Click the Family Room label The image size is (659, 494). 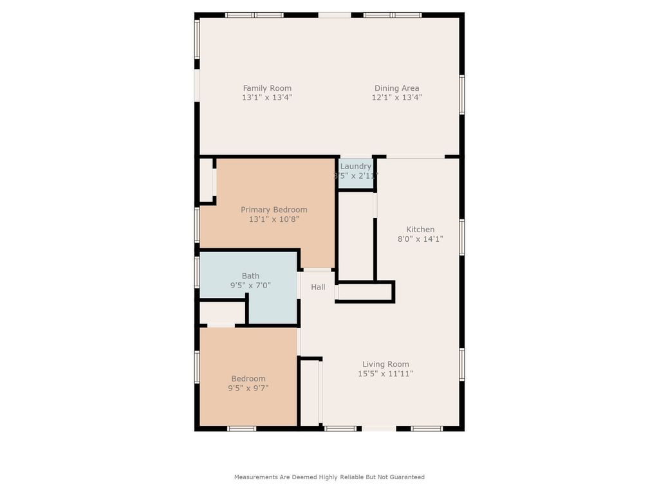pyautogui.click(x=267, y=88)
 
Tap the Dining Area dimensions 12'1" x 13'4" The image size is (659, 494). pyautogui.click(x=396, y=98)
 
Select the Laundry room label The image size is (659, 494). pyautogui.click(x=356, y=166)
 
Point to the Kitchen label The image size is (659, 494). pyautogui.click(x=420, y=230)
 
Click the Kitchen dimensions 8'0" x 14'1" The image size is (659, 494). pyautogui.click(x=420, y=239)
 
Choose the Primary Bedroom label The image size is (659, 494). pyautogui.click(x=274, y=210)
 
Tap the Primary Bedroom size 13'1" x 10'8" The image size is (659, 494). pyautogui.click(x=274, y=219)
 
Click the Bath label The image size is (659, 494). pyautogui.click(x=250, y=276)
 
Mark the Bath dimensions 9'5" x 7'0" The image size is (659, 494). pyautogui.click(x=250, y=285)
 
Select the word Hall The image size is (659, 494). pyautogui.click(x=318, y=288)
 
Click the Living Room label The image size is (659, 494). pyautogui.click(x=385, y=364)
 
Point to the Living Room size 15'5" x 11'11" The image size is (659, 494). pyautogui.click(x=385, y=374)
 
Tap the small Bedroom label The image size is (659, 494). pyautogui.click(x=248, y=379)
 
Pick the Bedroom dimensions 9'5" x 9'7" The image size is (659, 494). pyautogui.click(x=248, y=388)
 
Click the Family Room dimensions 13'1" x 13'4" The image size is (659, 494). pyautogui.click(x=267, y=98)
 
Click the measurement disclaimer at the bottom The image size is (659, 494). pyautogui.click(x=329, y=477)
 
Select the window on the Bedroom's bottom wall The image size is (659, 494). pyautogui.click(x=242, y=428)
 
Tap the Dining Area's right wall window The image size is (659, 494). pyautogui.click(x=462, y=95)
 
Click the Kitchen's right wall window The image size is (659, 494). pyautogui.click(x=462, y=237)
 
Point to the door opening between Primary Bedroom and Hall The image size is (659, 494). pyautogui.click(x=317, y=270)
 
